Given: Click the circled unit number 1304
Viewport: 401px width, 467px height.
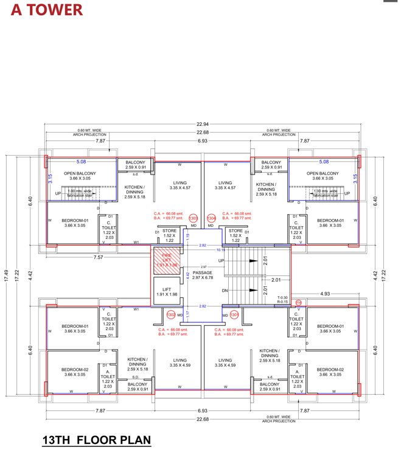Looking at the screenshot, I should [x=211, y=218].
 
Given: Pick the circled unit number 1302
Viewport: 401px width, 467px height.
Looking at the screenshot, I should [x=171, y=314].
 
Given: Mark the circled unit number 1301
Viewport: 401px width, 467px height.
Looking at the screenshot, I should [x=234, y=314].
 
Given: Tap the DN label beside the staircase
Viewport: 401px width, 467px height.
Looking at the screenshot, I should [x=225, y=290].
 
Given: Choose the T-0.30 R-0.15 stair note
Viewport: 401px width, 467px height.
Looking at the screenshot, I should [x=282, y=299].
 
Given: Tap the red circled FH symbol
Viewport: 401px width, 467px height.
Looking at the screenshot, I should [x=298, y=302].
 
